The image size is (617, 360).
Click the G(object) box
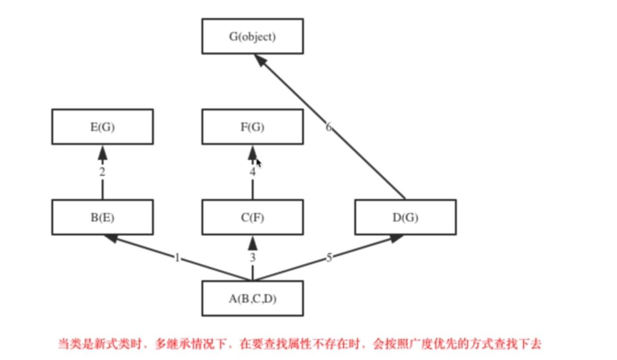(x=252, y=36)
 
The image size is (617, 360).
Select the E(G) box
(x=102, y=127)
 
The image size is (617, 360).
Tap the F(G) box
(x=252, y=127)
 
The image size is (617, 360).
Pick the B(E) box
(x=102, y=217)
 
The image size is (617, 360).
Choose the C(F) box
(x=252, y=217)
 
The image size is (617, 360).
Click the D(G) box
(x=405, y=217)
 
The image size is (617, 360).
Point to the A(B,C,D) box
(x=252, y=298)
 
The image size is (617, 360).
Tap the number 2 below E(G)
(x=102, y=172)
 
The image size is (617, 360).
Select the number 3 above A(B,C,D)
(x=253, y=258)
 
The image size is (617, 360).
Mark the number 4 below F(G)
(x=253, y=172)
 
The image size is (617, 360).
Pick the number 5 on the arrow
(x=329, y=258)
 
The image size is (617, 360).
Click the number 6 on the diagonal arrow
(x=329, y=128)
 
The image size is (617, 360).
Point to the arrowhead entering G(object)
(x=261, y=61)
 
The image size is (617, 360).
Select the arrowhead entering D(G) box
(x=395, y=238)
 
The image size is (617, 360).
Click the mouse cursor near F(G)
(x=259, y=164)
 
